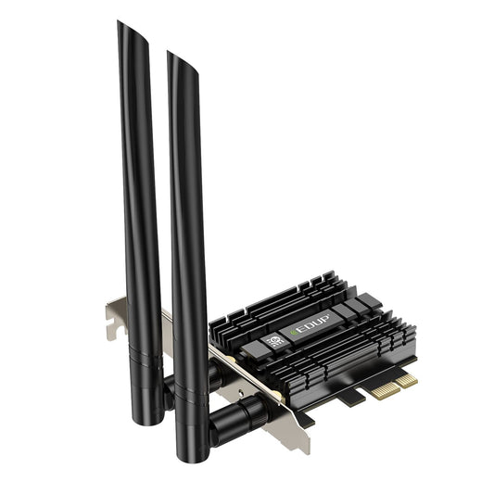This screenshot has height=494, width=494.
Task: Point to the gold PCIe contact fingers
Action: [x=393, y=386]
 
